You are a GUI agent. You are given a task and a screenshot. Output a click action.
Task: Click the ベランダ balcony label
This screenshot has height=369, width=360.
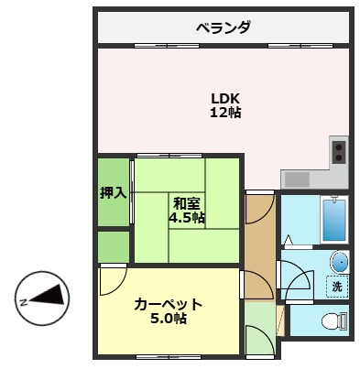[x=224, y=27]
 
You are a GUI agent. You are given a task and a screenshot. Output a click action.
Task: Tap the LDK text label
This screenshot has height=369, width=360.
[x=224, y=98]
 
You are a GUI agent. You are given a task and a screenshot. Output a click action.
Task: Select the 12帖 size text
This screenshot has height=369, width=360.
[x=224, y=113]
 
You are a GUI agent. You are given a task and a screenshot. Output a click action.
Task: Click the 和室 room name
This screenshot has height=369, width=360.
[x=187, y=203]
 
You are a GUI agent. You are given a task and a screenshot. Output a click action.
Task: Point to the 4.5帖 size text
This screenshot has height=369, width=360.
[x=187, y=218]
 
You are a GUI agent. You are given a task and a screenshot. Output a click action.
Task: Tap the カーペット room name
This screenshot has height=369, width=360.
[x=168, y=303]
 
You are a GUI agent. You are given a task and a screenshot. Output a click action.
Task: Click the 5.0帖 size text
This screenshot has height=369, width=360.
[x=168, y=319]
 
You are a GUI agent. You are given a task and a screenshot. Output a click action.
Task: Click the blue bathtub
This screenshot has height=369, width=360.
[x=334, y=220]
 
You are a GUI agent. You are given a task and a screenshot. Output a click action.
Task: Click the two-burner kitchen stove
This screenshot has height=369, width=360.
[x=340, y=149]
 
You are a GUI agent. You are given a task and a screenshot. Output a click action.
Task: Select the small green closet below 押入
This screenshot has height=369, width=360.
[x=114, y=246]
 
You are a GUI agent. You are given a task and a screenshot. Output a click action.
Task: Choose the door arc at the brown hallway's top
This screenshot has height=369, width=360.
[x=258, y=211]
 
